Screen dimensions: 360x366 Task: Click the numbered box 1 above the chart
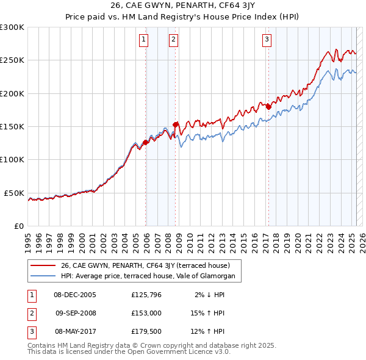pos(143,40)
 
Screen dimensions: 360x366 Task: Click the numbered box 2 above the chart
pos(173,40)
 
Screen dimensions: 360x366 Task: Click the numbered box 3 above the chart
pos(267,40)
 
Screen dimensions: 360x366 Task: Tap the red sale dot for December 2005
pos(146,143)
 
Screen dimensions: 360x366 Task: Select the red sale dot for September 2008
pos(176,124)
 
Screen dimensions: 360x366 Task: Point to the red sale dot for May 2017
pos(268,107)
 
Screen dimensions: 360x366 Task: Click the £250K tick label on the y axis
pos(12,60)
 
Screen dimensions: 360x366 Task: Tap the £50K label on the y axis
pos(15,193)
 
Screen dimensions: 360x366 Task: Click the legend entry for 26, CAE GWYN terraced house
pos(145,265)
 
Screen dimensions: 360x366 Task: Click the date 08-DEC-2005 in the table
pos(75,295)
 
